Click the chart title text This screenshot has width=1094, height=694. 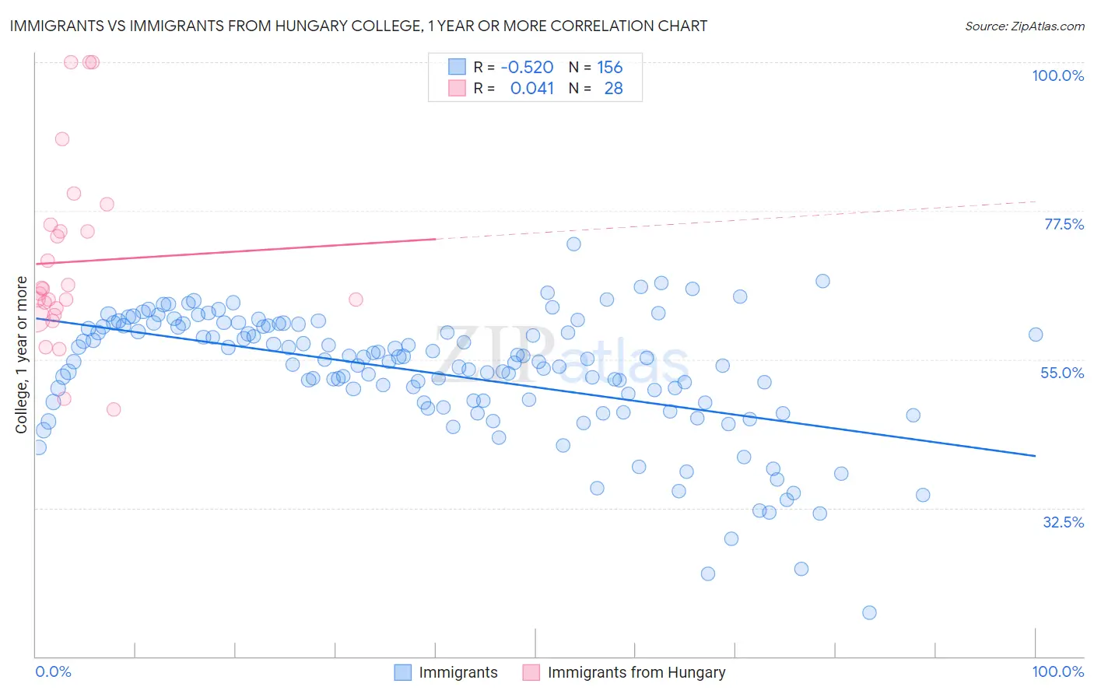tap(358, 26)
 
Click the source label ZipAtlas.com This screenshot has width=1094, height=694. tap(1024, 26)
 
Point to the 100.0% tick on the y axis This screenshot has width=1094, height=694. tap(1057, 75)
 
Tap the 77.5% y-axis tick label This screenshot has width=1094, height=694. tap(1064, 224)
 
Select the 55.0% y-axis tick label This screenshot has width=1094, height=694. tap(1062, 373)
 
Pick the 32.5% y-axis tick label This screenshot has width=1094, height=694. tap(1063, 522)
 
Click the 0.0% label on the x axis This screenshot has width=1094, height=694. tap(54, 671)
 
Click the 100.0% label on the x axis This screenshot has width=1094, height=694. tap(1057, 671)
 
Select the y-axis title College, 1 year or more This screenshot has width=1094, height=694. tap(22, 355)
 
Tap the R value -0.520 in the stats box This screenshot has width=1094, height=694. tap(527, 68)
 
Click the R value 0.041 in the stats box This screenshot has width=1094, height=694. tap(531, 89)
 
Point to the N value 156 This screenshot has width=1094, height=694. tap(609, 68)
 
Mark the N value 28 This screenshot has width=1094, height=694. tap(613, 89)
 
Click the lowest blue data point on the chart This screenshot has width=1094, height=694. tap(869, 612)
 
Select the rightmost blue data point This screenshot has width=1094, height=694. tap(1036, 335)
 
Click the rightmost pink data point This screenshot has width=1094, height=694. tap(356, 300)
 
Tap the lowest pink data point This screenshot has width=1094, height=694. tap(114, 409)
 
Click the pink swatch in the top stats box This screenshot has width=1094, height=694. tap(457, 89)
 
